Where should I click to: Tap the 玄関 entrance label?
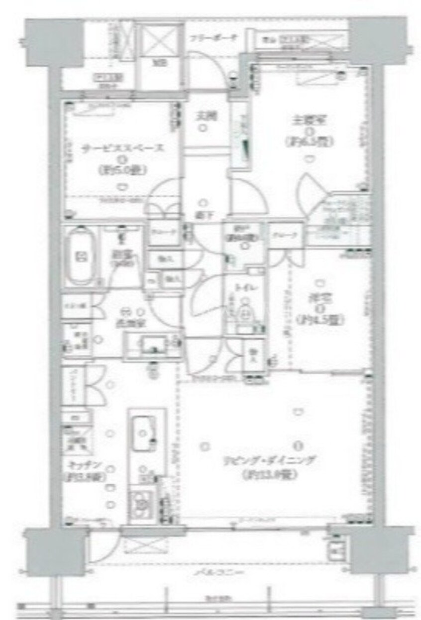(x=204, y=118)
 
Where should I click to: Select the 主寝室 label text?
(x=309, y=120)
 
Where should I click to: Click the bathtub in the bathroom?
(x=80, y=258)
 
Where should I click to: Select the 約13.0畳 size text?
(x=271, y=475)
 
